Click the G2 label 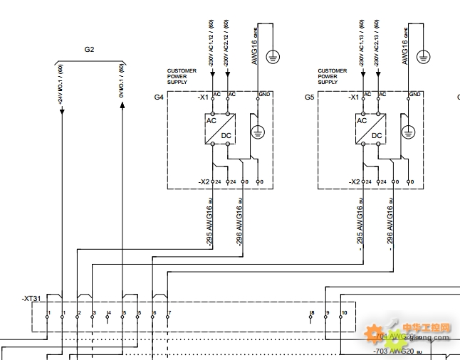click(89, 49)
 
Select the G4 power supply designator click(159, 96)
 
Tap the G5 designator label click(309, 96)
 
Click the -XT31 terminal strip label click(32, 300)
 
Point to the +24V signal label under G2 click(60, 82)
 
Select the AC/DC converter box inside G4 click(220, 129)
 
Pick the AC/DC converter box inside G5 click(370, 129)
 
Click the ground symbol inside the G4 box click(258, 131)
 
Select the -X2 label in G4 click(204, 182)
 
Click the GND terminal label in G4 click(264, 94)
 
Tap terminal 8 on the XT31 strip click(312, 313)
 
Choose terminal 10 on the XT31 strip click(344, 313)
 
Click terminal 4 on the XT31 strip click(109, 313)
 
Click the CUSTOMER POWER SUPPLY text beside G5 click(332, 76)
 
